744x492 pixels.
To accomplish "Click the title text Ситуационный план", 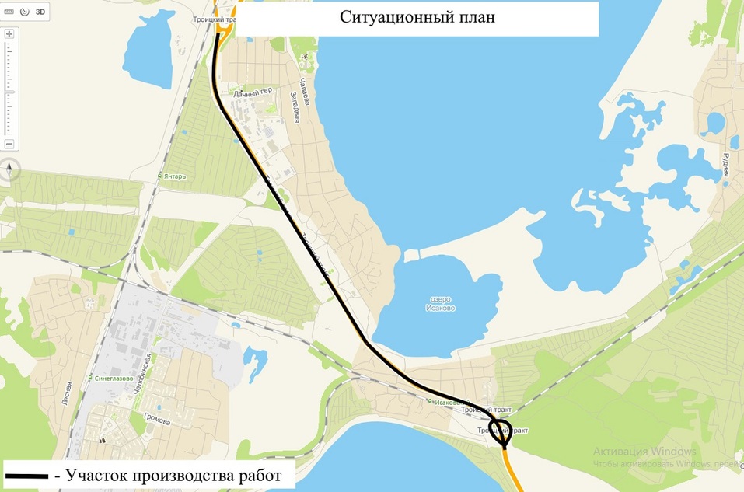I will pyautogui.click(x=417, y=18).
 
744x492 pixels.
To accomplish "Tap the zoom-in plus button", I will pyautogui.click(x=9, y=35).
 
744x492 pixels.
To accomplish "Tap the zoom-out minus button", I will pyautogui.click(x=9, y=145).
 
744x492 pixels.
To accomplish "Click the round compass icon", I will pyautogui.click(x=9, y=170).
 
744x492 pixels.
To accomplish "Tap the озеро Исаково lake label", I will pyautogui.click(x=441, y=304).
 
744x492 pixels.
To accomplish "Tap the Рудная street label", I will pyautogui.click(x=725, y=165).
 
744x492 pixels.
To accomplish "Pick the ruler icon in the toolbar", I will pyautogui.click(x=9, y=12).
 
